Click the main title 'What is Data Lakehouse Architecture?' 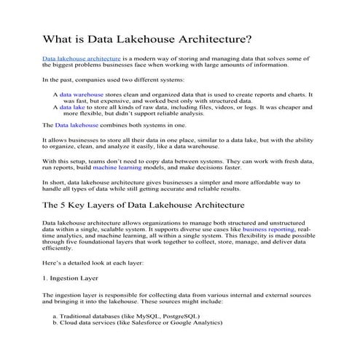pos(148,38)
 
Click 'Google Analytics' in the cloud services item pos(198,322)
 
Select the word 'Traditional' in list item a pos(82,316)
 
